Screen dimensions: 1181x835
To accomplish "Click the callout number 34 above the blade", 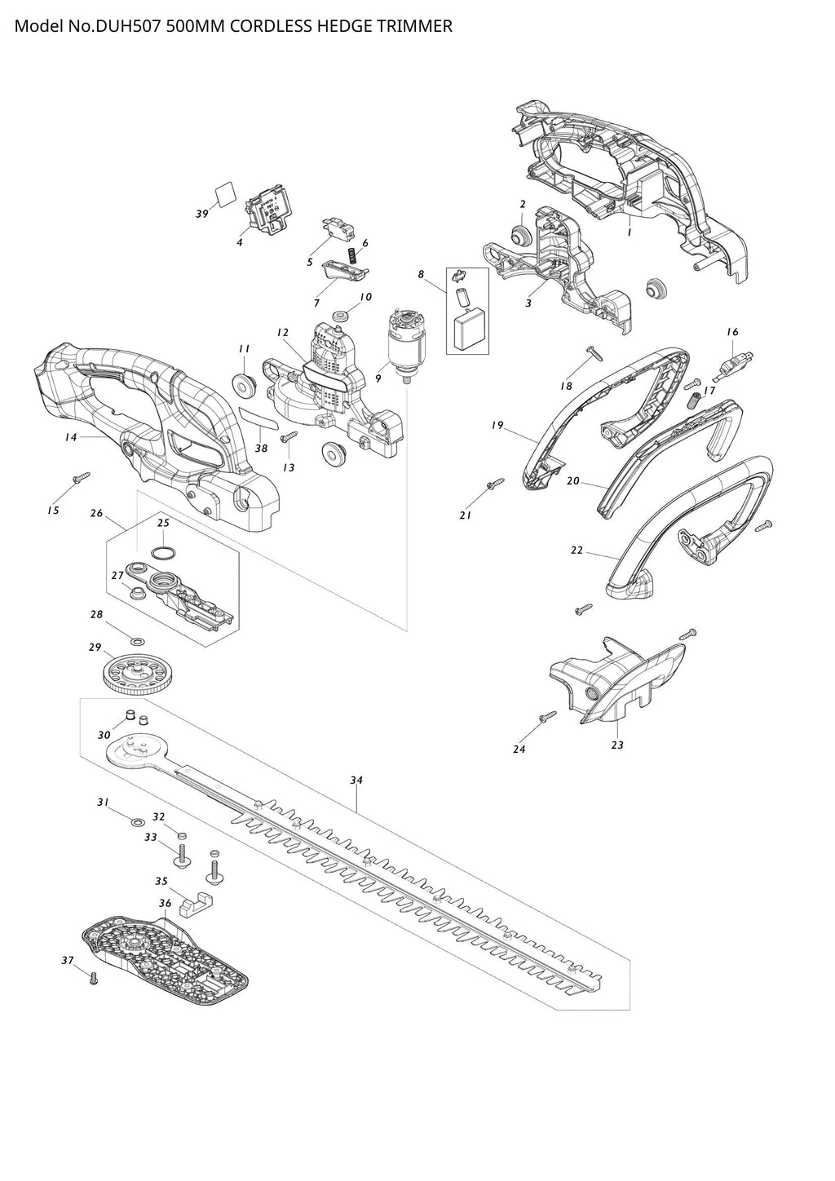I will (x=356, y=781).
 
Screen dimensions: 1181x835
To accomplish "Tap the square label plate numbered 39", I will (x=225, y=195).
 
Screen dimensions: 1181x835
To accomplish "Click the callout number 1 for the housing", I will (x=629, y=232).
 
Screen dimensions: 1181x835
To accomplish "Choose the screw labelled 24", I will (x=546, y=717).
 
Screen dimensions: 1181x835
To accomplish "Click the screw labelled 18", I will (x=593, y=353).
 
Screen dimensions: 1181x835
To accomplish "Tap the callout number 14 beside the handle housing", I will (x=71, y=437).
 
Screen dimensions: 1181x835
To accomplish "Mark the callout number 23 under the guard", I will (x=617, y=745).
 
